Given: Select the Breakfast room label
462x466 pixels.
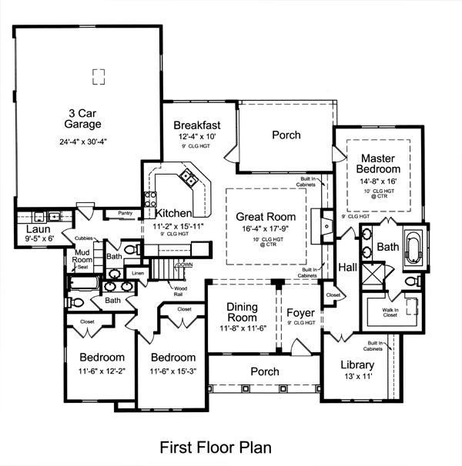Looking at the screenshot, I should click(x=197, y=125).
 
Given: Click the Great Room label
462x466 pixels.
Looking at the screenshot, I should click(x=266, y=217).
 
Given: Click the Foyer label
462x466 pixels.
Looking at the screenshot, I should click(x=300, y=313).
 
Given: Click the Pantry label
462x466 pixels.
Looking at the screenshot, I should click(x=126, y=213).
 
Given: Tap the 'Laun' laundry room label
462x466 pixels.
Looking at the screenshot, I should click(x=38, y=229).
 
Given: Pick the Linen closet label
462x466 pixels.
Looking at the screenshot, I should click(x=138, y=273).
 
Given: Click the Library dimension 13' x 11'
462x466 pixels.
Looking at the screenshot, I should click(x=358, y=378).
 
